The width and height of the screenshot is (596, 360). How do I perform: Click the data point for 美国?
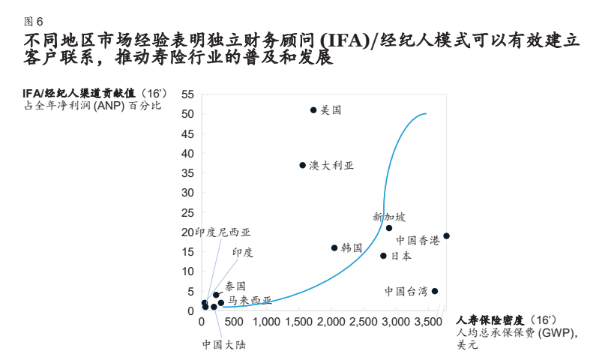[x=313, y=110]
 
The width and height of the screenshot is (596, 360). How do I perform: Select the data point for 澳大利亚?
[x=303, y=165]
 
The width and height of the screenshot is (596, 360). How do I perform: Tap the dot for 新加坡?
[x=389, y=228]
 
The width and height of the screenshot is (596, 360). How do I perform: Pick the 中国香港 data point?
[x=446, y=236]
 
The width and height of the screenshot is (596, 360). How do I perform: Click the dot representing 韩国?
[x=334, y=248]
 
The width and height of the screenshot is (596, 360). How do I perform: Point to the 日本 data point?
[x=383, y=256]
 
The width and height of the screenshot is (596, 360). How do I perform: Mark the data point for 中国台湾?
[x=435, y=291]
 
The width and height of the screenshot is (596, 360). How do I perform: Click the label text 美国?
[x=331, y=110]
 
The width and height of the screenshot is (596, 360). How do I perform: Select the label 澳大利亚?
[x=331, y=165]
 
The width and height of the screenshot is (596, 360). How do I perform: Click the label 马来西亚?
[x=250, y=300]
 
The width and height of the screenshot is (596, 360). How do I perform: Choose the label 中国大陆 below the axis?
[x=223, y=344]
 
